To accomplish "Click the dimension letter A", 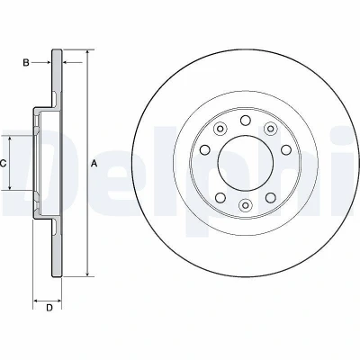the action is (x=94, y=164).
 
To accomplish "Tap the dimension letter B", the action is (x=26, y=63).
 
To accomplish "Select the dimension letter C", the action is (x=3, y=164).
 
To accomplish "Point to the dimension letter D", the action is (x=49, y=308).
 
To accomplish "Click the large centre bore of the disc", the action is (x=246, y=163).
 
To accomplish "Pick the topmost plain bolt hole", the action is (x=246, y=121).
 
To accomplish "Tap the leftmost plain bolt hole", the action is (x=205, y=149).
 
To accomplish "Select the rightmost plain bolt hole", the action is (x=286, y=149).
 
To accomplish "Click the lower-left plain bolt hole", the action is (x=220, y=197).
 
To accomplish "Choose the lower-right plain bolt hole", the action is (x=271, y=197).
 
